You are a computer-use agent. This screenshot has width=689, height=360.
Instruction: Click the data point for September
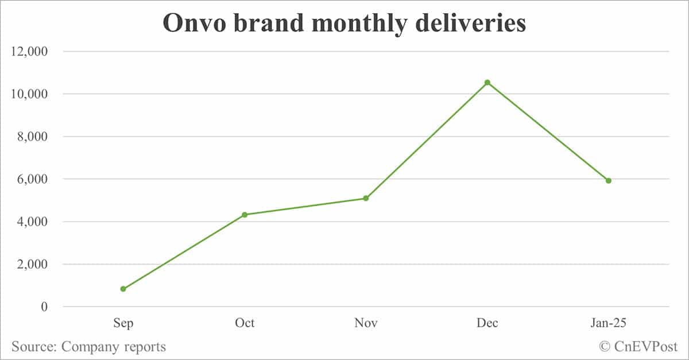tap(123, 289)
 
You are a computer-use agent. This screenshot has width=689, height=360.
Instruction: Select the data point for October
tap(245, 215)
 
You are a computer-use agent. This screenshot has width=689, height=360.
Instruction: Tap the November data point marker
tap(366, 199)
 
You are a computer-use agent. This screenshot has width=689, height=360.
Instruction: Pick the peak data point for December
tap(487, 83)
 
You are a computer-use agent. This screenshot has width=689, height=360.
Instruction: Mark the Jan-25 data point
tap(609, 181)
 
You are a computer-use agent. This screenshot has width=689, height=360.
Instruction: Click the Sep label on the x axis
tap(123, 323)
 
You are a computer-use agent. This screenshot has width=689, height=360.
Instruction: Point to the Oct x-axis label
tap(245, 323)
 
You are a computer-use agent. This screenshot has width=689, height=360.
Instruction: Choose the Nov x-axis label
tap(366, 323)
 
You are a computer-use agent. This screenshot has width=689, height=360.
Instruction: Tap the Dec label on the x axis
tap(487, 323)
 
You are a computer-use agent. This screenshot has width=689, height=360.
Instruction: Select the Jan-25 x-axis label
tap(609, 323)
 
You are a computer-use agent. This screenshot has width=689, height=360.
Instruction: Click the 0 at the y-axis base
tap(44, 307)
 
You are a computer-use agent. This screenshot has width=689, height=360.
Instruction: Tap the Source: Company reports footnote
tap(88, 347)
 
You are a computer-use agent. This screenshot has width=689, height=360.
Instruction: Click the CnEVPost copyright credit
tap(638, 347)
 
